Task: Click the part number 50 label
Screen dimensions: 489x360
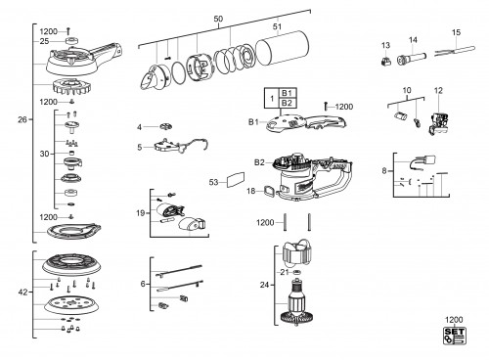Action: pos(218,19)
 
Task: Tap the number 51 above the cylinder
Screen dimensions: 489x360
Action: pos(277,26)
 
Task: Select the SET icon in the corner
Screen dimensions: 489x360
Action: pos(455,336)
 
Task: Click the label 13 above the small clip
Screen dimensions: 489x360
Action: pos(385,45)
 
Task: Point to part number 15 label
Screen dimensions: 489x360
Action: pos(456,32)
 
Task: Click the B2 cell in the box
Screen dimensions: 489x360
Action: pos(287,103)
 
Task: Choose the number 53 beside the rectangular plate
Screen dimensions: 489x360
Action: pos(213,182)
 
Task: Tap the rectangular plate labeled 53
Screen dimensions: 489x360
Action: pos(236,179)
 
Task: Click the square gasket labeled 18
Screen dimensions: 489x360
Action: pos(270,192)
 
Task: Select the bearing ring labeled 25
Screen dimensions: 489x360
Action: pos(71,41)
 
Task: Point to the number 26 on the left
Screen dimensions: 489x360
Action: pos(22,119)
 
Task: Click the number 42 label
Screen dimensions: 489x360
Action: pos(22,292)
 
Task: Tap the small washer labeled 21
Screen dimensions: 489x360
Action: pos(296,272)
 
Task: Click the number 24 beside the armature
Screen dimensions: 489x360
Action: pos(264,285)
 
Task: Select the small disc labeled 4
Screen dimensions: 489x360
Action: pos(166,126)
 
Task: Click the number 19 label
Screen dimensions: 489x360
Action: pos(140,213)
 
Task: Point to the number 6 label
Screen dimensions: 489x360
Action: pos(143,284)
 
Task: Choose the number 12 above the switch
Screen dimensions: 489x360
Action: pos(438,90)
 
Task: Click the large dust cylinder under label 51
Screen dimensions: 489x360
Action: pos(283,49)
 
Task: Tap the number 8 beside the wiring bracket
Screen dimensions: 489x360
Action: pos(384,170)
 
